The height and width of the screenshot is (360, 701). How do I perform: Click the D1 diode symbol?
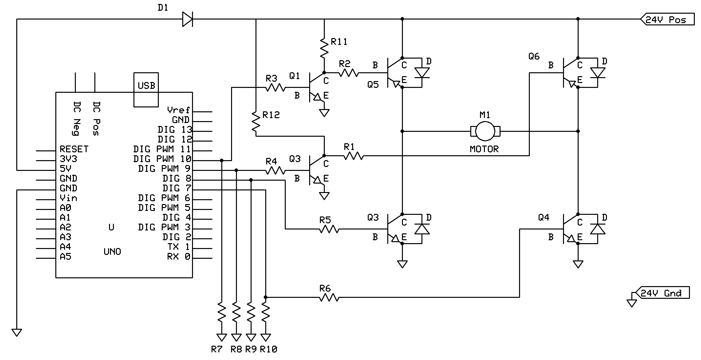pyautogui.click(x=187, y=19)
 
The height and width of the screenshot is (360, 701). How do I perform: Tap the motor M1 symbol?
pyautogui.click(x=485, y=131)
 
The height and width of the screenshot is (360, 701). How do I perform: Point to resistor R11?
pyautogui.click(x=324, y=48)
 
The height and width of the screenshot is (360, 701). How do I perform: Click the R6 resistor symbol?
pyautogui.click(x=329, y=297)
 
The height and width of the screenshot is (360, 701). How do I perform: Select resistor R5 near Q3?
pyautogui.click(x=329, y=229)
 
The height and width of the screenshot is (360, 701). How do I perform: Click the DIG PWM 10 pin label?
pyautogui.click(x=162, y=159)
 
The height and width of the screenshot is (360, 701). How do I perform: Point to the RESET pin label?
pyautogui.click(x=74, y=149)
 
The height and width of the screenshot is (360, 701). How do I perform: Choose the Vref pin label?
pyautogui.click(x=178, y=110)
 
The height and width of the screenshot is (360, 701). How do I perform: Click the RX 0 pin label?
pyautogui.click(x=178, y=257)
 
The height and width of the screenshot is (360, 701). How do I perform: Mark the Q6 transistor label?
pyautogui.click(x=534, y=57)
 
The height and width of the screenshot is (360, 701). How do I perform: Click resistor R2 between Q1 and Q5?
pyautogui.click(x=348, y=73)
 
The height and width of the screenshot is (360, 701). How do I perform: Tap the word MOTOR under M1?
pyautogui.click(x=484, y=149)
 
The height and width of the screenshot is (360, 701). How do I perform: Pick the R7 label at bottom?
pyautogui.click(x=216, y=350)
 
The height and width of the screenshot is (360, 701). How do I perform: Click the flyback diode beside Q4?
pyautogui.click(x=598, y=228)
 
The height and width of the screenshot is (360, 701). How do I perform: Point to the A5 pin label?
pyautogui.click(x=65, y=257)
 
